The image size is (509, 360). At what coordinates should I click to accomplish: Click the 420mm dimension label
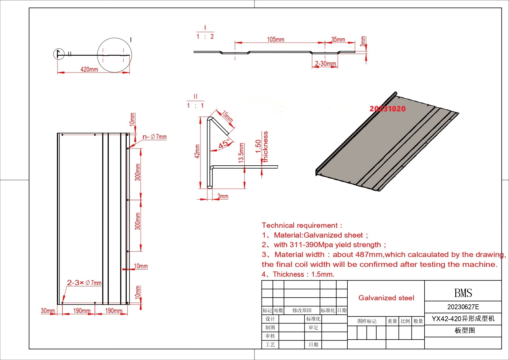pyautogui.click(x=89, y=69)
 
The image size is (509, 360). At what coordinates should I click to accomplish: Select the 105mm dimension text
pyautogui.click(x=276, y=39)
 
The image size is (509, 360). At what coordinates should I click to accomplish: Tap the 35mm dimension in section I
pyautogui.click(x=338, y=39)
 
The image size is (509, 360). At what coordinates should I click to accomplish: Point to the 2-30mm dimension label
pyautogui.click(x=325, y=64)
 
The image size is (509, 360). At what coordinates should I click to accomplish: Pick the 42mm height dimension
pyautogui.click(x=197, y=151)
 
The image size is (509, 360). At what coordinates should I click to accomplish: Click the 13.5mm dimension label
pyautogui.click(x=241, y=153)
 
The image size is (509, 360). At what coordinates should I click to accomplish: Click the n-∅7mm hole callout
pyautogui.click(x=154, y=137)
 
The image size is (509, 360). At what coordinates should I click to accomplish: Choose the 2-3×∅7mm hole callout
pyautogui.click(x=84, y=283)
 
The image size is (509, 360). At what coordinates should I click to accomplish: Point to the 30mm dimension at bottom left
pyautogui.click(x=48, y=311)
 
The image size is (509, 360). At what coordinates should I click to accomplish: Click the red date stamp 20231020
pyautogui.click(x=387, y=109)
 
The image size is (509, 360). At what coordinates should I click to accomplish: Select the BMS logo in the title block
pyautogui.click(x=463, y=293)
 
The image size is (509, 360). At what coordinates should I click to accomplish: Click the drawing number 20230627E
pyautogui.click(x=463, y=307)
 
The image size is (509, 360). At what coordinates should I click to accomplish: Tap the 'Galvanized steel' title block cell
pyautogui.click(x=386, y=298)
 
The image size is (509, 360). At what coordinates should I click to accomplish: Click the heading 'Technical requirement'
pyautogui.click(x=302, y=225)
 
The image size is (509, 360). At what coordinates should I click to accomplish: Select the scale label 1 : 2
pyautogui.click(x=205, y=37)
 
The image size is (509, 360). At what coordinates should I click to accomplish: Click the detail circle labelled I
pyautogui.click(x=114, y=55)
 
